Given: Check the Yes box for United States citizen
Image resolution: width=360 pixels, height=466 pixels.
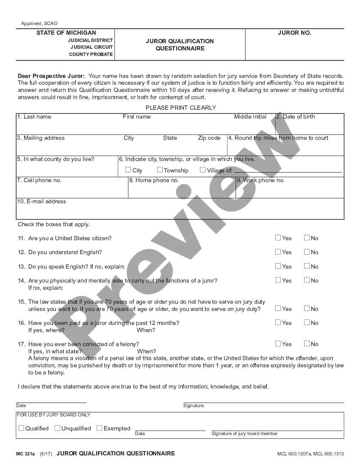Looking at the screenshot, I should (278, 238).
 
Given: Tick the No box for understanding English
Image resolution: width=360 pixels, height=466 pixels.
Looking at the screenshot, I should (307, 252).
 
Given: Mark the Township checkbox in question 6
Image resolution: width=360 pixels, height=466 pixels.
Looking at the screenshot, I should (160, 170).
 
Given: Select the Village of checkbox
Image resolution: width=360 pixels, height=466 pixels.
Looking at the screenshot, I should (202, 170).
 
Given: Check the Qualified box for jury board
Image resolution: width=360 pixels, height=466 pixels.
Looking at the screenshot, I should (21, 428).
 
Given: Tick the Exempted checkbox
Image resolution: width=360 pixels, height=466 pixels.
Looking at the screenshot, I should (100, 428).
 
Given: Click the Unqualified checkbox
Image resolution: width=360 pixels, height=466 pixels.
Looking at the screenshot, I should (57, 428).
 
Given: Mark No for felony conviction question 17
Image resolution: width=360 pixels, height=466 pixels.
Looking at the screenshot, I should (307, 344).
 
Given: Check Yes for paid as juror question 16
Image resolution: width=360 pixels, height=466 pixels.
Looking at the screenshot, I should (278, 322).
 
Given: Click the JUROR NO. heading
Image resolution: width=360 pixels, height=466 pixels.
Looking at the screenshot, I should (294, 33).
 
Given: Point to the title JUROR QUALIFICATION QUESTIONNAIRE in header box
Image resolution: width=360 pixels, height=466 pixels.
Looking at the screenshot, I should (180, 44).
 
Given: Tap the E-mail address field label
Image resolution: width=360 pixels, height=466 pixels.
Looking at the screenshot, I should (42, 202).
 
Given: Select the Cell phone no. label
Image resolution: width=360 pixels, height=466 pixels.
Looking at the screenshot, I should (39, 180).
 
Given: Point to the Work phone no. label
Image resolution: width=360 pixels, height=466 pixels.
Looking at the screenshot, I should (260, 180).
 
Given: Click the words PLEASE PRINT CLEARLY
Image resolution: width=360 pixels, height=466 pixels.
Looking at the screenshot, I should (181, 108).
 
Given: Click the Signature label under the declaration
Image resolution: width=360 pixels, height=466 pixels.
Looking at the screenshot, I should (194, 406).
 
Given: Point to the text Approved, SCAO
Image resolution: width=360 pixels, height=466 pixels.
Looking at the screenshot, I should (39, 23).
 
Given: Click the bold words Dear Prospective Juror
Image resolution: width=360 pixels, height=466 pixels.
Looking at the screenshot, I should (51, 76).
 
